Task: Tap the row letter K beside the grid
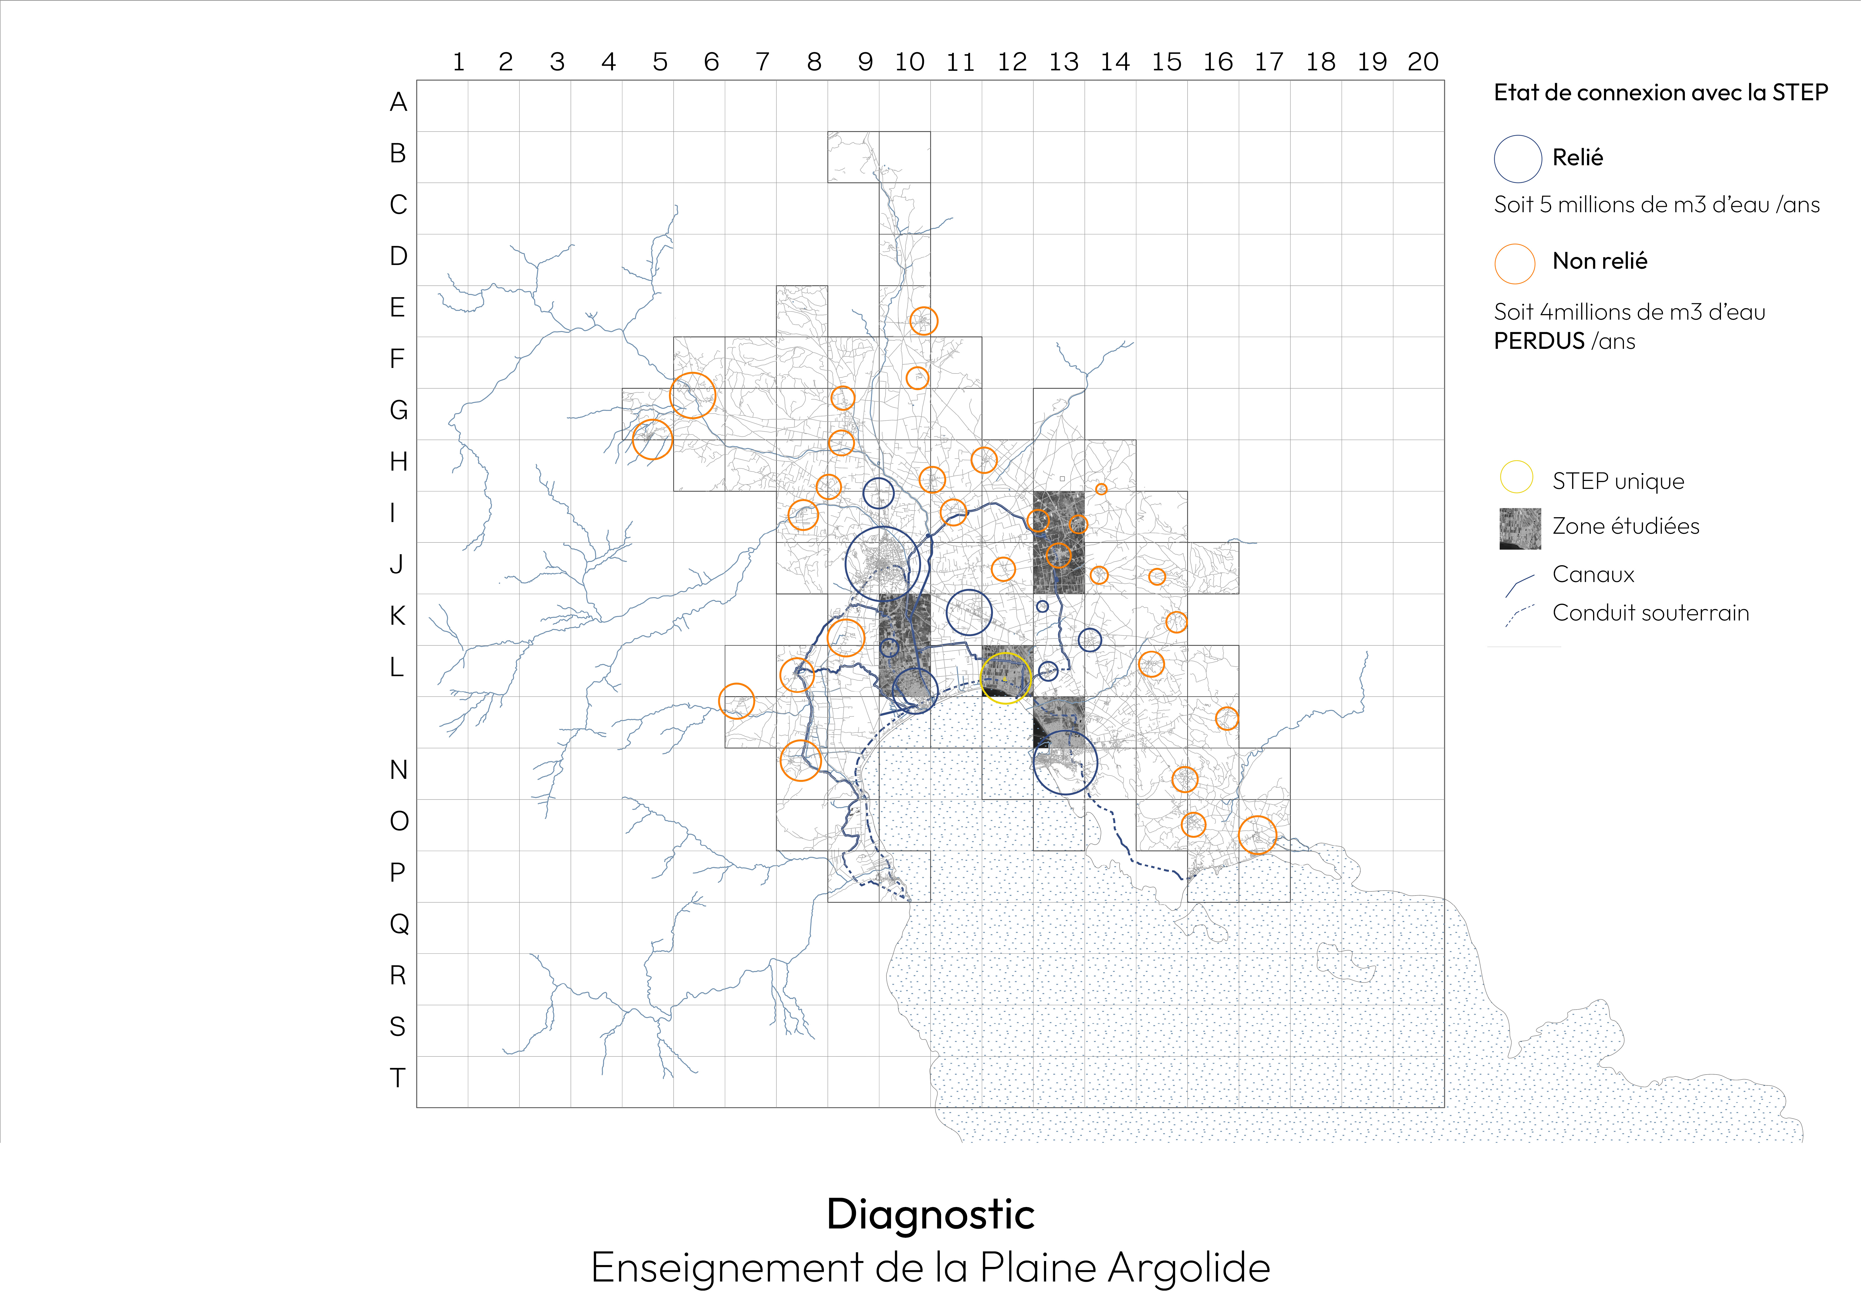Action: tap(397, 616)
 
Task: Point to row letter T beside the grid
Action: tap(397, 1078)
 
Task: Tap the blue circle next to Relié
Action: tap(1517, 159)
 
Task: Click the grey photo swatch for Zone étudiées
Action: tap(1520, 529)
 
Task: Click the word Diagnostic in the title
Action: tap(930, 1215)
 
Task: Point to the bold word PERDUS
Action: tap(1538, 341)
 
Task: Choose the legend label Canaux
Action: tap(1593, 575)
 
